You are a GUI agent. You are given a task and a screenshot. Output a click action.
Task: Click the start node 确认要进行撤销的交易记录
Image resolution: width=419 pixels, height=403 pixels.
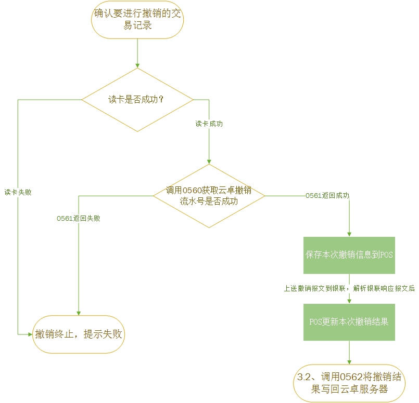click(x=137, y=20)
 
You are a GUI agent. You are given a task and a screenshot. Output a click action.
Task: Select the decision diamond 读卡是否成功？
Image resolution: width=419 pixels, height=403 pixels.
click(x=137, y=99)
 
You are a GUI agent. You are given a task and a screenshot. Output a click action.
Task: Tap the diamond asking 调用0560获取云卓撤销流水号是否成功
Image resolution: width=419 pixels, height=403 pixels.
click(x=209, y=196)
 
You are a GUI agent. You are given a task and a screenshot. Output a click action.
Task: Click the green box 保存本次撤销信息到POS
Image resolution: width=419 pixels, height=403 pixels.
click(x=349, y=255)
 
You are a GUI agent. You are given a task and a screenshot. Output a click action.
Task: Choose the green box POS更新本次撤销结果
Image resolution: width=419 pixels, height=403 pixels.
click(x=349, y=321)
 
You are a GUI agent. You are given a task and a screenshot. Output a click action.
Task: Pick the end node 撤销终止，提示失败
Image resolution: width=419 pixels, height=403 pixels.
click(x=79, y=334)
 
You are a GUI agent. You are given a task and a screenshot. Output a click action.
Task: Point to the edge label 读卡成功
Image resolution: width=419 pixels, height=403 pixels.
click(x=209, y=124)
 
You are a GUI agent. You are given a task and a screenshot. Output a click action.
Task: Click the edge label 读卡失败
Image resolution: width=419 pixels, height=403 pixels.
click(x=18, y=192)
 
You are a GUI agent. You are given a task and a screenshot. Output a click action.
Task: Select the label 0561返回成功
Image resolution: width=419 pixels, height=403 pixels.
click(x=327, y=196)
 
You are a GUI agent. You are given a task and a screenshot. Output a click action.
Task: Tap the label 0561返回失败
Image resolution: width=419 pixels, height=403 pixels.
click(x=79, y=219)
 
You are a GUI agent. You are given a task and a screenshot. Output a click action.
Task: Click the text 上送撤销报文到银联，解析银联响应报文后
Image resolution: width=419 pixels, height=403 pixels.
click(x=349, y=288)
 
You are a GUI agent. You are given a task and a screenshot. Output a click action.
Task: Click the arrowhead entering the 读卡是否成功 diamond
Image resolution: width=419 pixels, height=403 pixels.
click(x=137, y=65)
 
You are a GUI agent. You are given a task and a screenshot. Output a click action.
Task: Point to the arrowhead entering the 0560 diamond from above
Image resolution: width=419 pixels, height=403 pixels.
click(x=209, y=162)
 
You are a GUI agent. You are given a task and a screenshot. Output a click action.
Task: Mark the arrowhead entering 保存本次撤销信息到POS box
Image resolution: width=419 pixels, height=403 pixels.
click(x=349, y=234)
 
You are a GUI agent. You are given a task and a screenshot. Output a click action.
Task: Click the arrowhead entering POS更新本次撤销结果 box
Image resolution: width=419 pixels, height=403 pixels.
click(x=349, y=301)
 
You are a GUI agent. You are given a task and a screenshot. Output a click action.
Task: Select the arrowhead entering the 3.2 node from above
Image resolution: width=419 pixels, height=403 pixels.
click(x=349, y=363)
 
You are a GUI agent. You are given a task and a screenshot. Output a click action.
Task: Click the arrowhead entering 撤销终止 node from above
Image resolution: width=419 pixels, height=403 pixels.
click(x=79, y=313)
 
